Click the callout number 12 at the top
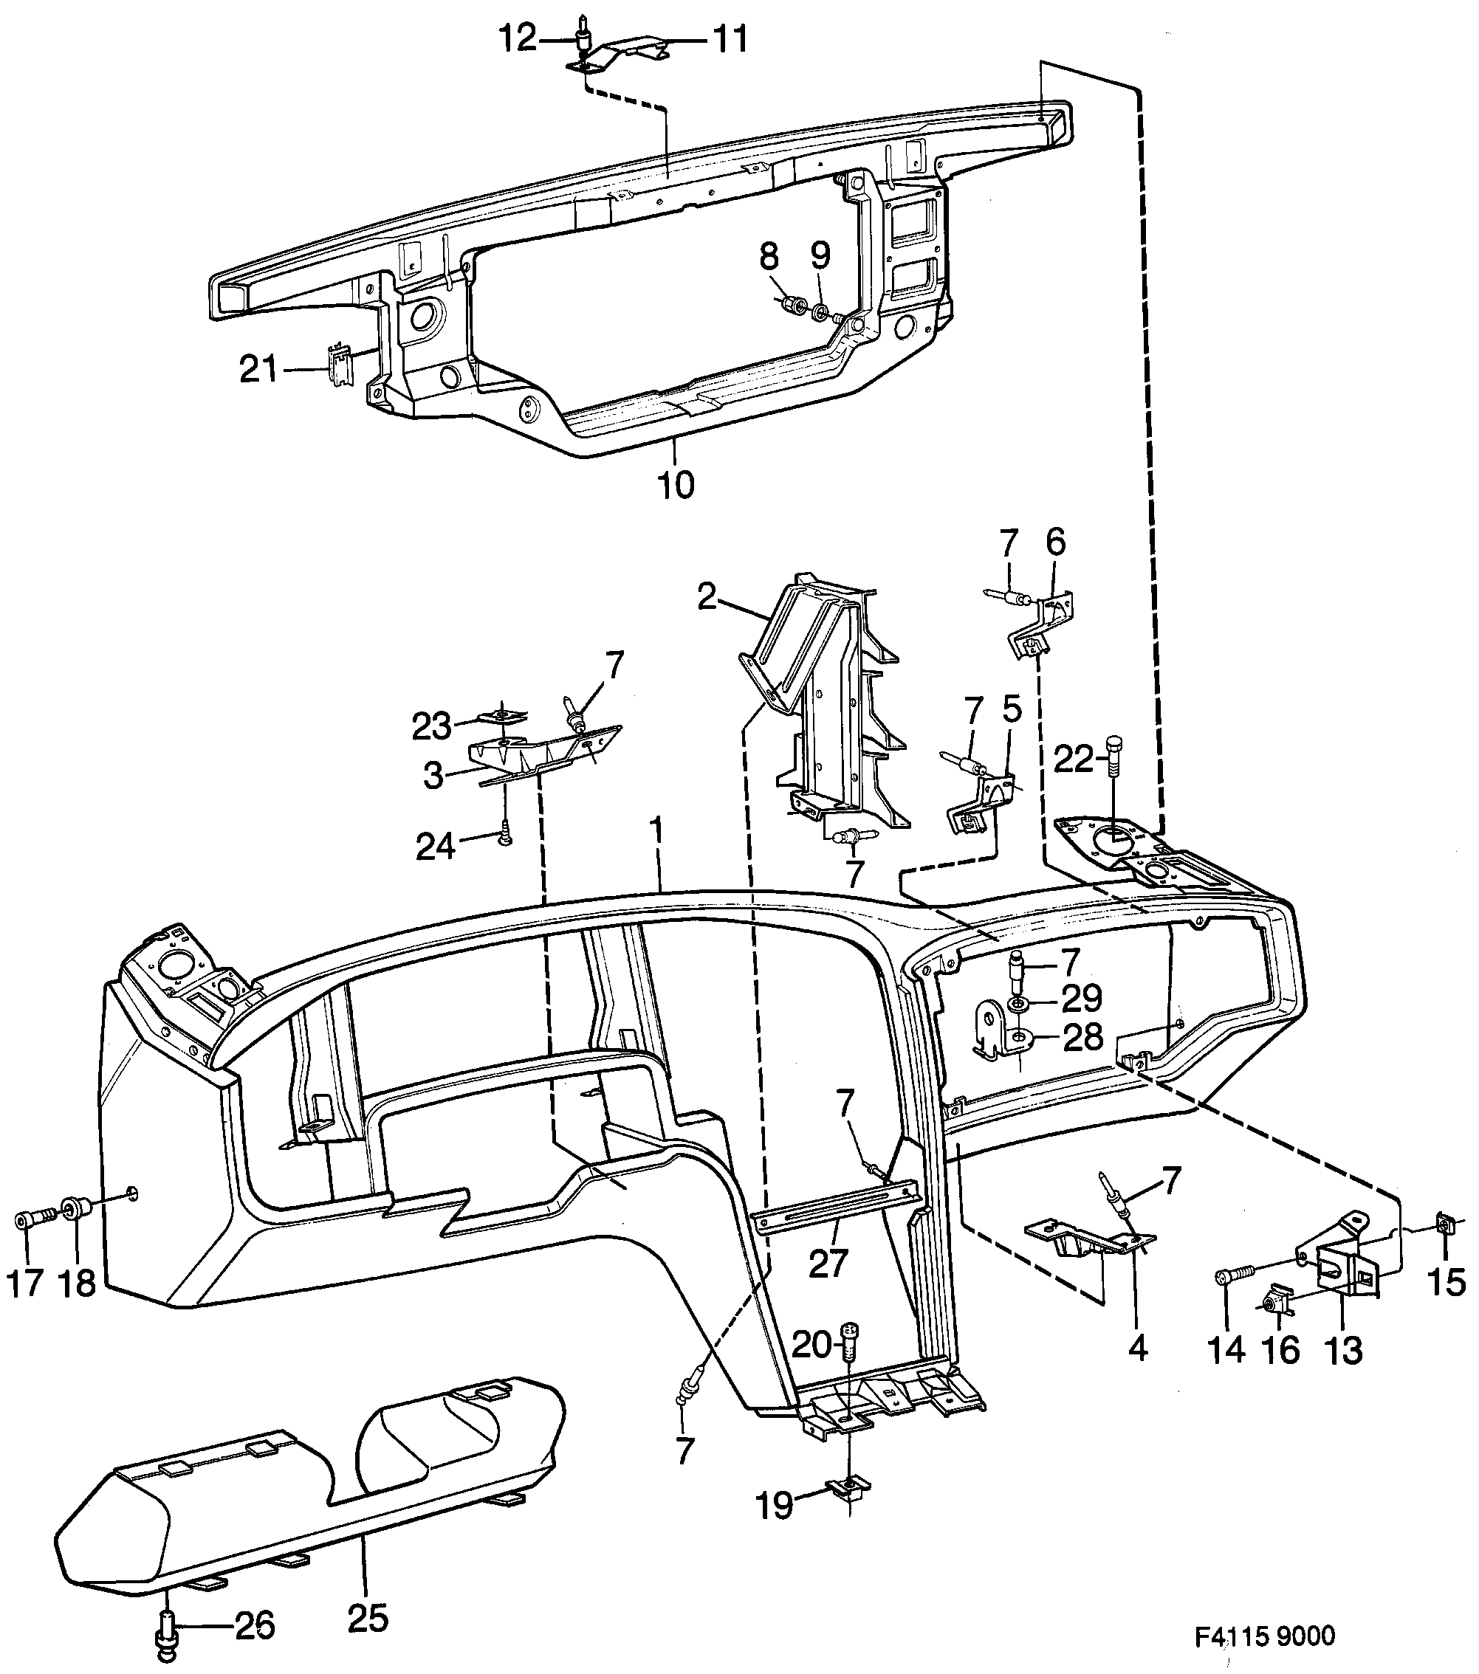coord(517,38)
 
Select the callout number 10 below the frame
coord(676,484)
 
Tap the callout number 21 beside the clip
coord(260,369)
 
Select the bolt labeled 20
coord(850,1344)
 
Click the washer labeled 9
coord(820,311)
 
